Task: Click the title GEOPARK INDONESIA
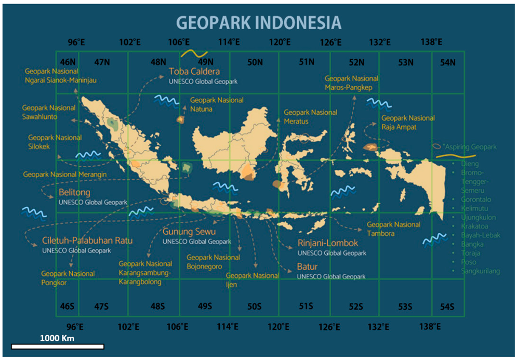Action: [258, 23]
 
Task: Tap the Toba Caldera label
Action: [194, 72]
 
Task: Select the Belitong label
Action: [74, 192]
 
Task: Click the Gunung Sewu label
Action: [189, 232]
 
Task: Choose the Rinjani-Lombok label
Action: [327, 243]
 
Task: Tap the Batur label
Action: [307, 266]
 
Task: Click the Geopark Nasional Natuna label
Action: [217, 103]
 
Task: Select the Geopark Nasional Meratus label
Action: [310, 116]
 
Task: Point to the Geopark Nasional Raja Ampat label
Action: [408, 122]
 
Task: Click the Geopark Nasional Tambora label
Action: [393, 229]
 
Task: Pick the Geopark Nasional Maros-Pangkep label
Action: [351, 83]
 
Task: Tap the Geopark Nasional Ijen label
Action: [252, 279]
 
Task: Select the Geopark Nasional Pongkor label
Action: [68, 278]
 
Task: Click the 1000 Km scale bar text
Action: [57, 338]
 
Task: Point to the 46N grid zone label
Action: [68, 62]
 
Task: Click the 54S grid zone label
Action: [447, 306]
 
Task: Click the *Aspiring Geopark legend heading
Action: [469, 147]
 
